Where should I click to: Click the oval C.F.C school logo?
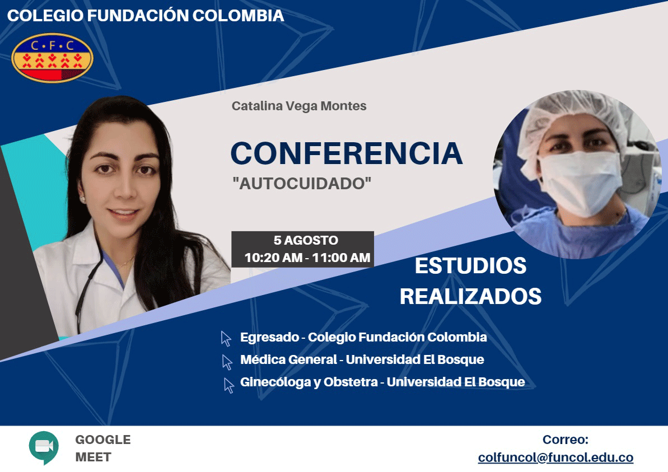pyautogui.click(x=52, y=58)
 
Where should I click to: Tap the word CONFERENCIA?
pyautogui.click(x=347, y=153)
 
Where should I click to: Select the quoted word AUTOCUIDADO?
pyautogui.click(x=302, y=183)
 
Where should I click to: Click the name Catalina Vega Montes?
pyautogui.click(x=299, y=106)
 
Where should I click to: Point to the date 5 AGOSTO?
pyautogui.click(x=306, y=240)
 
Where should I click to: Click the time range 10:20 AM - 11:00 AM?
pyautogui.click(x=307, y=258)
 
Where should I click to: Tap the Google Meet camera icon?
pyautogui.click(x=44, y=447)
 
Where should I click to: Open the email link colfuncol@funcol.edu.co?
pyautogui.click(x=555, y=457)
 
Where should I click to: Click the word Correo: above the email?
pyautogui.click(x=566, y=440)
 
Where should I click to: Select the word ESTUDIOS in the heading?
pyautogui.click(x=470, y=266)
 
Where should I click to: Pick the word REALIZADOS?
pyautogui.click(x=470, y=297)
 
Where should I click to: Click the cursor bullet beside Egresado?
pyautogui.click(x=226, y=339)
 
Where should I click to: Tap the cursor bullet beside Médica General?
pyautogui.click(x=227, y=362)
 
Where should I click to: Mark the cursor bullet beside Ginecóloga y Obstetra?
pyautogui.click(x=229, y=386)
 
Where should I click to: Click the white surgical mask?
pyautogui.click(x=580, y=183)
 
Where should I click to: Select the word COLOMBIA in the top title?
pyautogui.click(x=238, y=15)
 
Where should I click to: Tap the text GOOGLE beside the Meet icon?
pyautogui.click(x=103, y=440)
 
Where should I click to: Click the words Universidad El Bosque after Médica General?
pyautogui.click(x=415, y=359)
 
